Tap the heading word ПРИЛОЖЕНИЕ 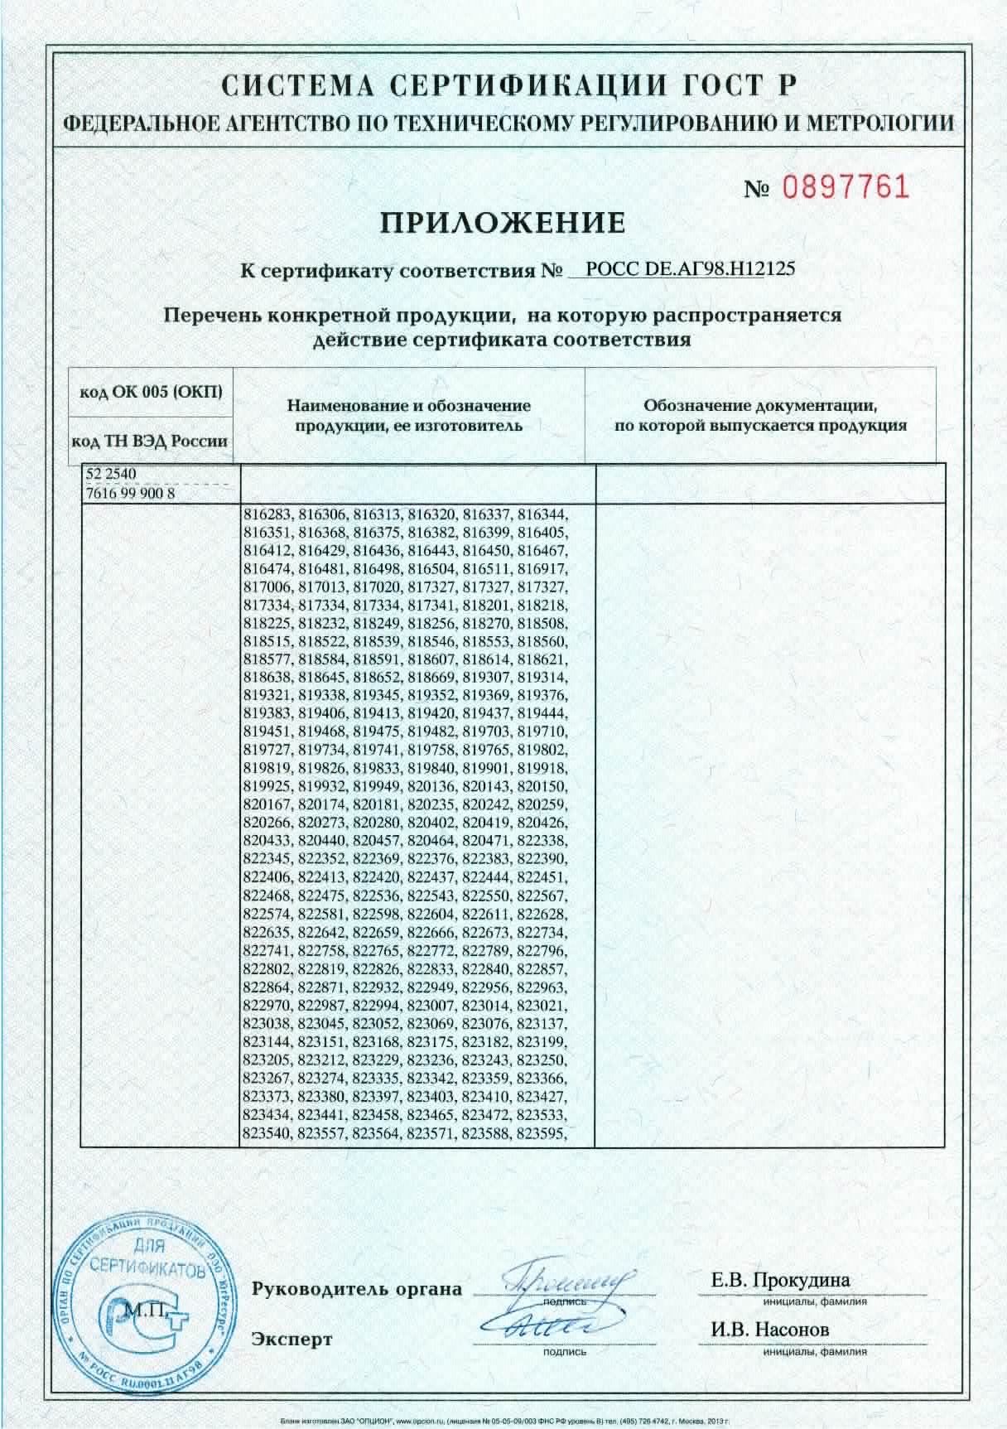(x=503, y=222)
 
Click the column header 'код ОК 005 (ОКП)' (x=151, y=391)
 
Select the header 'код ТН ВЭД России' (x=151, y=442)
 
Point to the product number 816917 (x=542, y=568)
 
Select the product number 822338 (x=542, y=841)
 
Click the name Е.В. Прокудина (x=780, y=1280)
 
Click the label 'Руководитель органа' (x=357, y=1289)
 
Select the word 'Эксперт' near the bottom (x=292, y=1339)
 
